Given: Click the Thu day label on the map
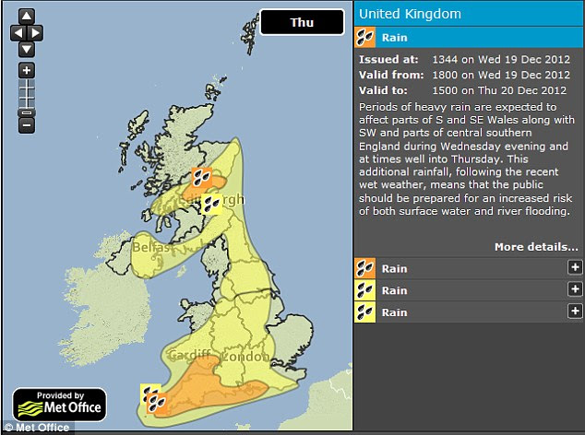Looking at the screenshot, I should [301, 22].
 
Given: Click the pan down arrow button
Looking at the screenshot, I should [27, 48].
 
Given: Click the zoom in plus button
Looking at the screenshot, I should [27, 71].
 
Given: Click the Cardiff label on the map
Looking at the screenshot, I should [188, 356].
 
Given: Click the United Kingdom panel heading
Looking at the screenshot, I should [410, 14].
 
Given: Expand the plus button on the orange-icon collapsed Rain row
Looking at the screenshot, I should [575, 268].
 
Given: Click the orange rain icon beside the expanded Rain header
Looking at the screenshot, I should [365, 38].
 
